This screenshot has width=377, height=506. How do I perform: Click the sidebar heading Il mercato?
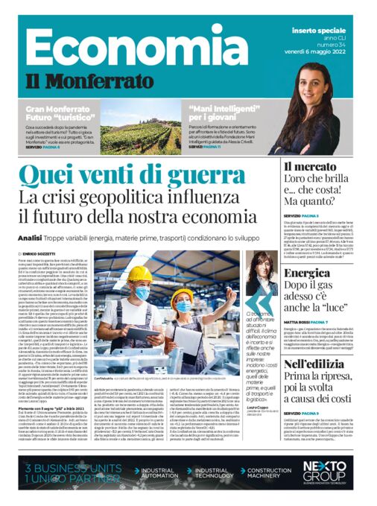point(311,167)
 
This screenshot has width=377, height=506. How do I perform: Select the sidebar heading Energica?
point(307,274)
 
